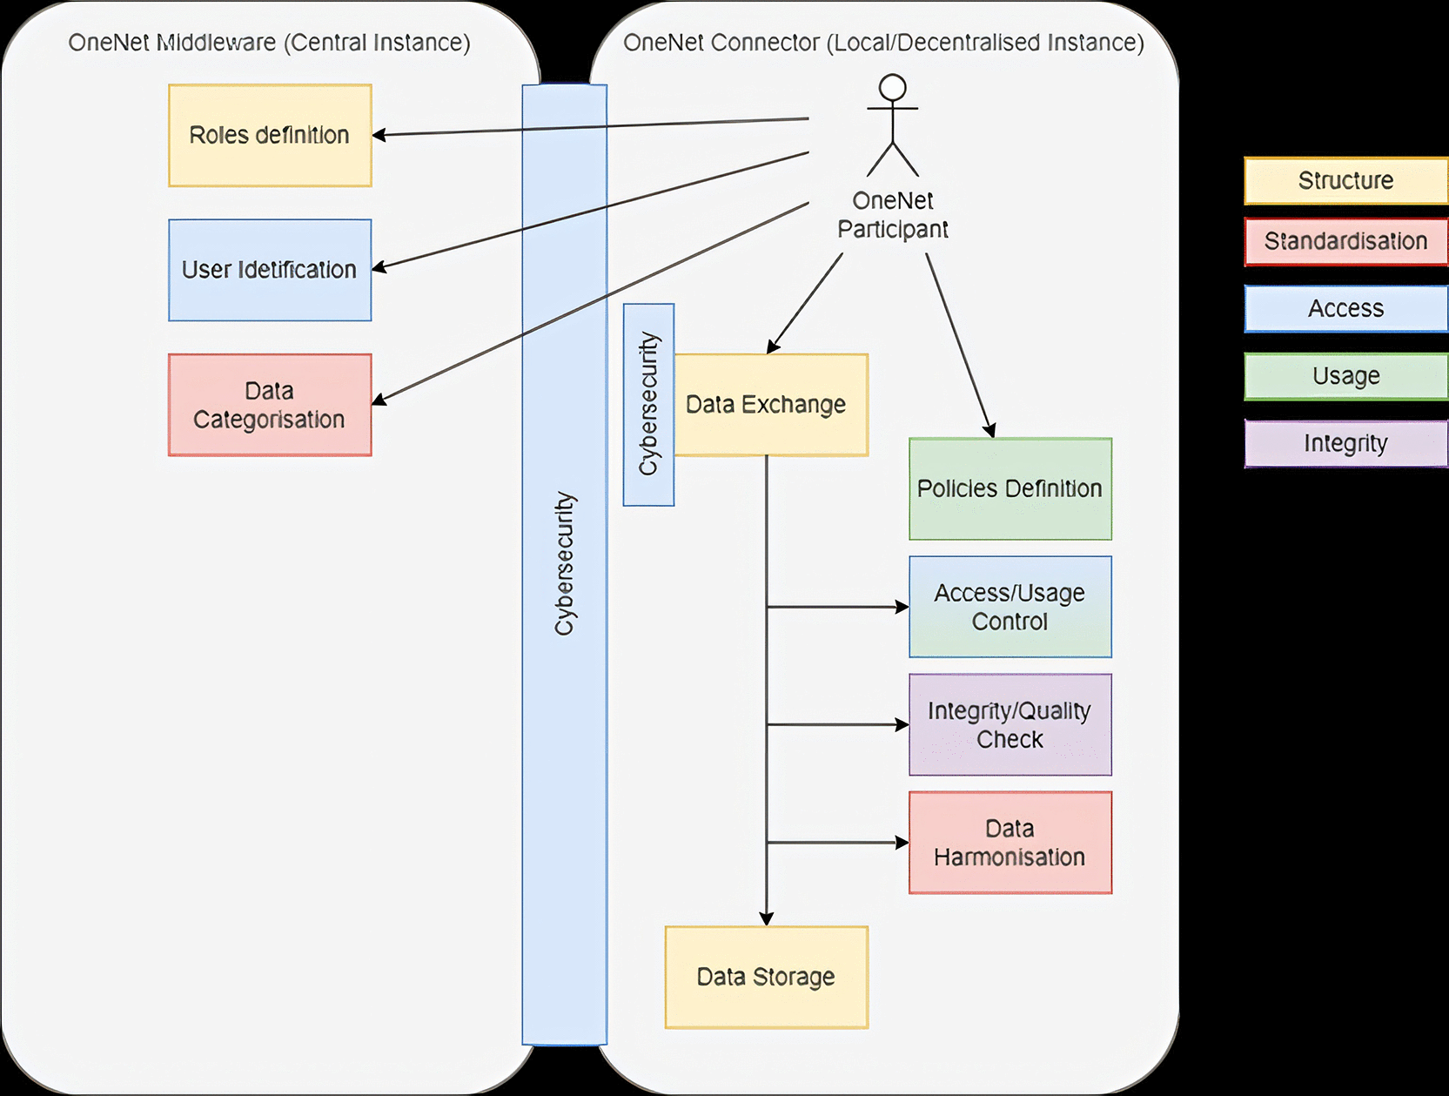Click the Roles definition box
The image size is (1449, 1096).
[x=270, y=135]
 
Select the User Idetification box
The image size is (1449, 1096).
[x=270, y=270]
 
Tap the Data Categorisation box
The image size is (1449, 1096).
[x=270, y=405]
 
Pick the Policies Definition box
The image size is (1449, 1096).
[x=1010, y=488]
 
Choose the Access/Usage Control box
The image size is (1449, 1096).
[x=1010, y=607]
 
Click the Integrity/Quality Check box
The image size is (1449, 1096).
[x=1010, y=724]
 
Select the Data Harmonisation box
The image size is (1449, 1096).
[x=1010, y=843]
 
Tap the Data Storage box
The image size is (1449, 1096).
[x=767, y=977]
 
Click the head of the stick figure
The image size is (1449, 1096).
[x=893, y=88]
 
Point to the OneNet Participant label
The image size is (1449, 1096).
[x=893, y=214]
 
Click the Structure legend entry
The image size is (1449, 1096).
[x=1346, y=180]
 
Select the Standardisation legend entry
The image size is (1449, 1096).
[x=1346, y=242]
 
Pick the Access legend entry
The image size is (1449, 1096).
[x=1346, y=308]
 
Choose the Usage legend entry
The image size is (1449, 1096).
[x=1346, y=376]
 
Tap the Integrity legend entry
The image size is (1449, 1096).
[x=1346, y=444]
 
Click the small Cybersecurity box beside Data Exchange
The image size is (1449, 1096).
[x=649, y=405]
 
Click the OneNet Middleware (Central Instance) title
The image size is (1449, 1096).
[x=269, y=43]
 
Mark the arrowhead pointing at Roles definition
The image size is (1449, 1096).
[x=379, y=135]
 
